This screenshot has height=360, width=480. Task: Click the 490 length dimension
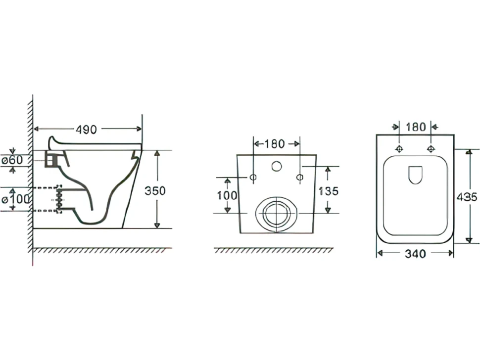point(86,130)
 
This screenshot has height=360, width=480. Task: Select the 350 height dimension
point(155,191)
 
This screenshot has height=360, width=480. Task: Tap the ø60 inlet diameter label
point(12,160)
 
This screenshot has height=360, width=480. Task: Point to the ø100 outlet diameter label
point(16,199)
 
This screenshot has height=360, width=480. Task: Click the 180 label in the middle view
point(274,144)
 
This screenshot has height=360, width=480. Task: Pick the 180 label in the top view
point(416,127)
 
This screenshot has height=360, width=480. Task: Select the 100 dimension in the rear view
point(227,195)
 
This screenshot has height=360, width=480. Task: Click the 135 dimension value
point(329,191)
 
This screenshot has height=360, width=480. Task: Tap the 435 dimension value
point(467,197)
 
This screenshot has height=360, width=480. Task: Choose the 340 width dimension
point(415,254)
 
